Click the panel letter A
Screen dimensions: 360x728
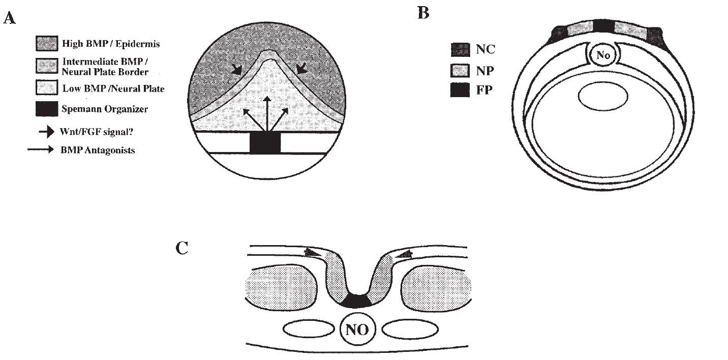click(9, 19)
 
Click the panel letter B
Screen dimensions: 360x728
click(423, 13)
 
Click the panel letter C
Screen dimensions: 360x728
click(183, 249)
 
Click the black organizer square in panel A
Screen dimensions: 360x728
click(265, 143)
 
